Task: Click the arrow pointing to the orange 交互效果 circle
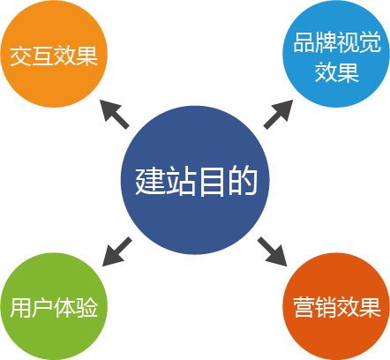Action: pyautogui.click(x=115, y=114)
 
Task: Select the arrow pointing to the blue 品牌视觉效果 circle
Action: pyautogui.click(x=278, y=114)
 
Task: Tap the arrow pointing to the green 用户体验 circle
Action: pyautogui.click(x=117, y=251)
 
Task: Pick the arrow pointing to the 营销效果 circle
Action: pyautogui.click(x=272, y=251)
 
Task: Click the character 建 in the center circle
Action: pyautogui.click(x=150, y=181)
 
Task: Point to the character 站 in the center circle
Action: pyautogui.click(x=180, y=181)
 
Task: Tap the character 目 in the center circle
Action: pyautogui.click(x=211, y=181)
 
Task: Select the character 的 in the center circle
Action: pyautogui.click(x=243, y=181)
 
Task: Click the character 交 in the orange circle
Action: pyautogui.click(x=21, y=56)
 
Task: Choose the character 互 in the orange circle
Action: pyautogui.click(x=43, y=56)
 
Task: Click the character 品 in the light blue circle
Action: pyautogui.click(x=304, y=42)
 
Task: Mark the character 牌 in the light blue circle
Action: pyautogui.click(x=326, y=42)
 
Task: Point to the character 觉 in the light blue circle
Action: pyautogui.click(x=370, y=42)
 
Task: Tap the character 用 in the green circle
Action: pyautogui.click(x=20, y=308)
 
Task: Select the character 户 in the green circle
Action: pyautogui.click(x=42, y=308)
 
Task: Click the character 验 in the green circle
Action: pyautogui.click(x=86, y=308)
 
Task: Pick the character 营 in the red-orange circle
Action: pyautogui.click(x=304, y=308)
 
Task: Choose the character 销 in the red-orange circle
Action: pyautogui.click(x=326, y=308)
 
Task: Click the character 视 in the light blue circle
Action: pyautogui.click(x=349, y=42)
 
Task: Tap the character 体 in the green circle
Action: pyautogui.click(x=64, y=308)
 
